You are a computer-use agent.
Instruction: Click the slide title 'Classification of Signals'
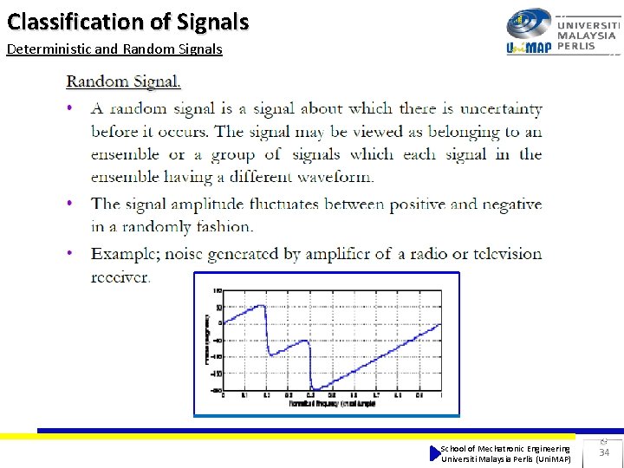(127, 21)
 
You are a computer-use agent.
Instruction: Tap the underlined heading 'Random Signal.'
(124, 82)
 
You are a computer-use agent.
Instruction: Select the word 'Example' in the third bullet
(125, 254)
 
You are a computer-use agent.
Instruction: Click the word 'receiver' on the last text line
(120, 277)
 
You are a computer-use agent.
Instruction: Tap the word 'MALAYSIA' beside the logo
(587, 36)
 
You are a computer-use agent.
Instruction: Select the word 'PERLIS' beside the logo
(576, 46)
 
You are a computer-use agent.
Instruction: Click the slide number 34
(604, 452)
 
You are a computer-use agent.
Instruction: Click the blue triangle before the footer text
(435, 453)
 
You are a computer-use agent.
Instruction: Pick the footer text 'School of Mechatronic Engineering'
(505, 448)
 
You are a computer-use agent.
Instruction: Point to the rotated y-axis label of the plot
(206, 339)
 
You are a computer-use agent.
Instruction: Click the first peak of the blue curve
(263, 305)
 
